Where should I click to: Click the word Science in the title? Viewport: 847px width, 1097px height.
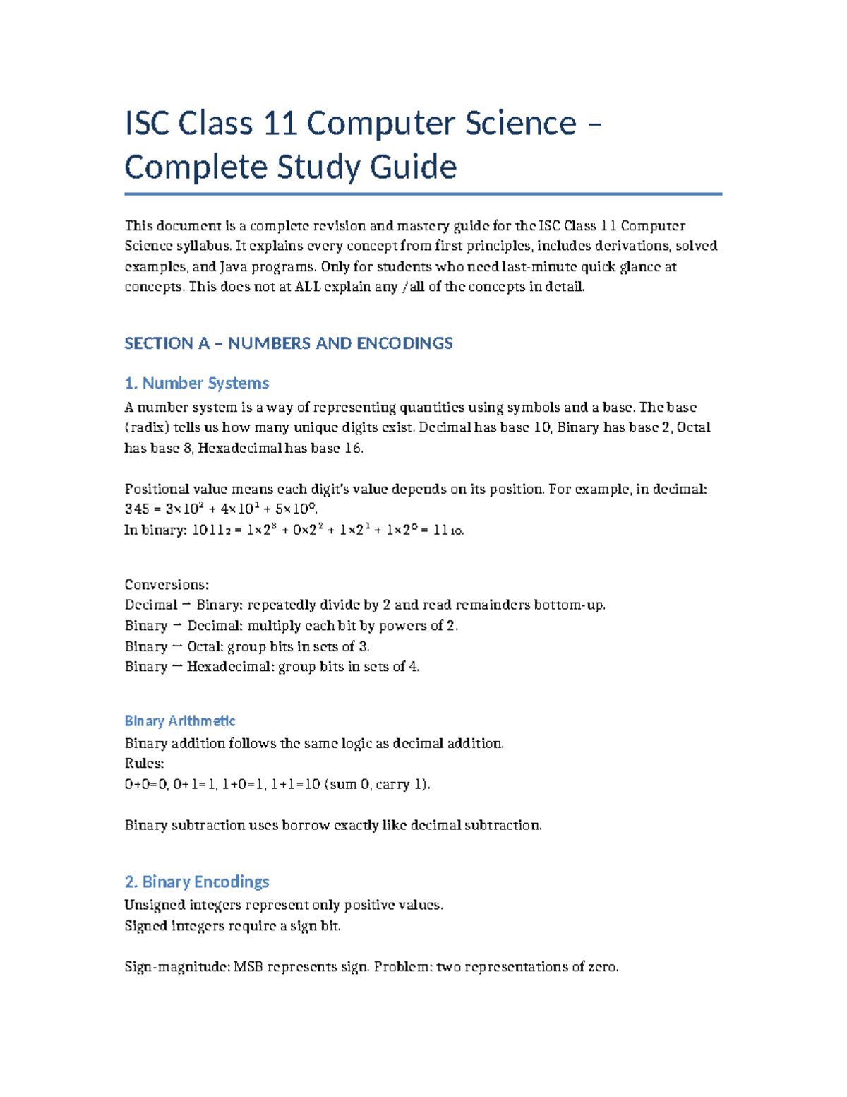510,124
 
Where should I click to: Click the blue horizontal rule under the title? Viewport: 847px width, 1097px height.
423,194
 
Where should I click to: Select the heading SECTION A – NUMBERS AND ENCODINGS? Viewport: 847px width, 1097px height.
288,343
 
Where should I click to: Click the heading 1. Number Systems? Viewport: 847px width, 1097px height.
196,383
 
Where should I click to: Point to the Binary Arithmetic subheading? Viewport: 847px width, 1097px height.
179,721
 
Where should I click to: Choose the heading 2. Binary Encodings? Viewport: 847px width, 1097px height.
196,882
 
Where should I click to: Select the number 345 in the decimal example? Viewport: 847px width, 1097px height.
137,509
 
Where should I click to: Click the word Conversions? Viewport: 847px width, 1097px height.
167,585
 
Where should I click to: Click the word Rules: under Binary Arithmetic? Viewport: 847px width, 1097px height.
144,764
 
